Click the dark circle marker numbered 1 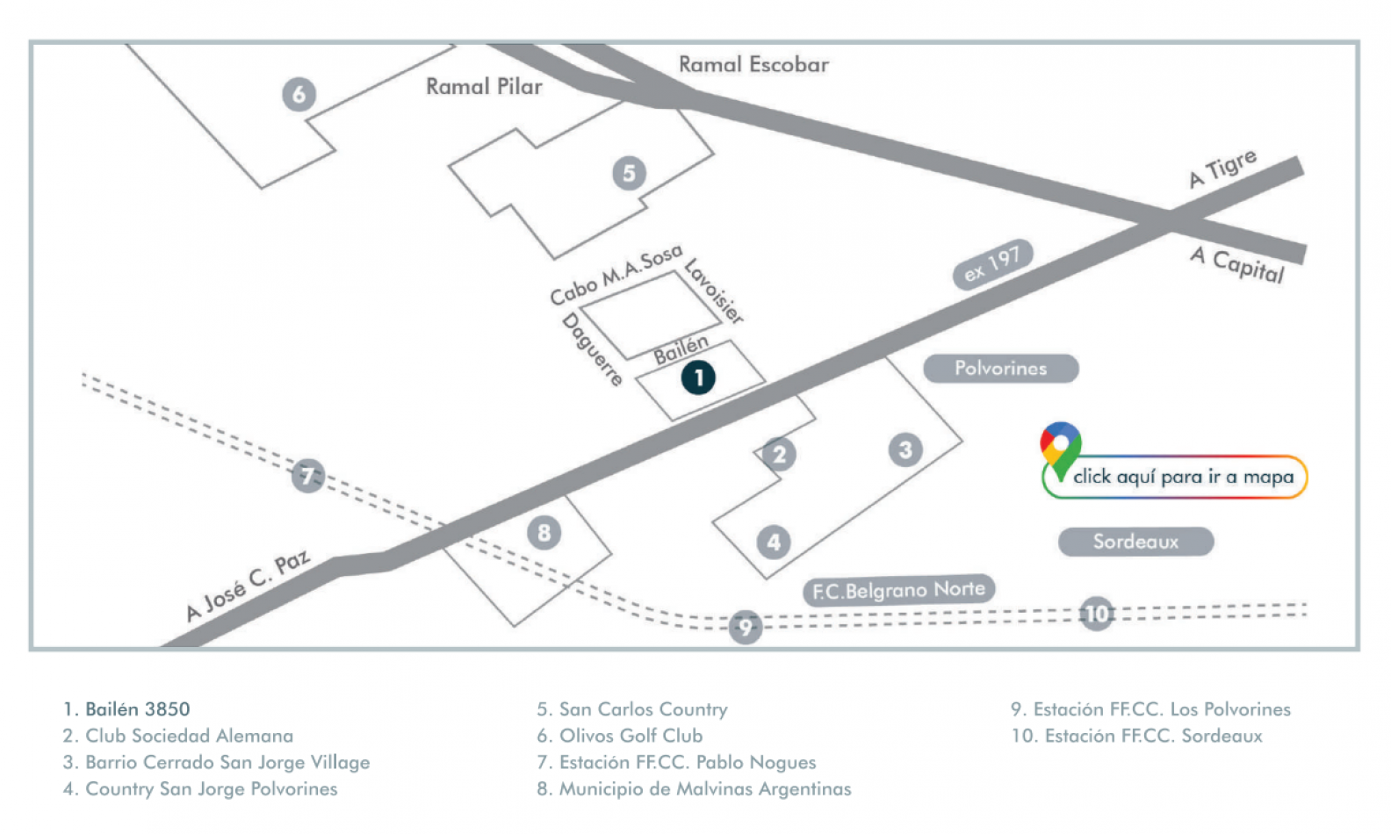698,377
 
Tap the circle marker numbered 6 299,94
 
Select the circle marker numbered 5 629,173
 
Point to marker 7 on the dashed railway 307,476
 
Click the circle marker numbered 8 544,532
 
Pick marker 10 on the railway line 1097,614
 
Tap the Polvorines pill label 1000,369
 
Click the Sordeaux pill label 1135,542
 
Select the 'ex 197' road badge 992,263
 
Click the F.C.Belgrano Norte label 898,590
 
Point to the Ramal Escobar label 753,64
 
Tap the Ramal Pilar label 484,86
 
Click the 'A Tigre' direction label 1222,168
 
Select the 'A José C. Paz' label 248,586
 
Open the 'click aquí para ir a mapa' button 1182,477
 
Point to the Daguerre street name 593,349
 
